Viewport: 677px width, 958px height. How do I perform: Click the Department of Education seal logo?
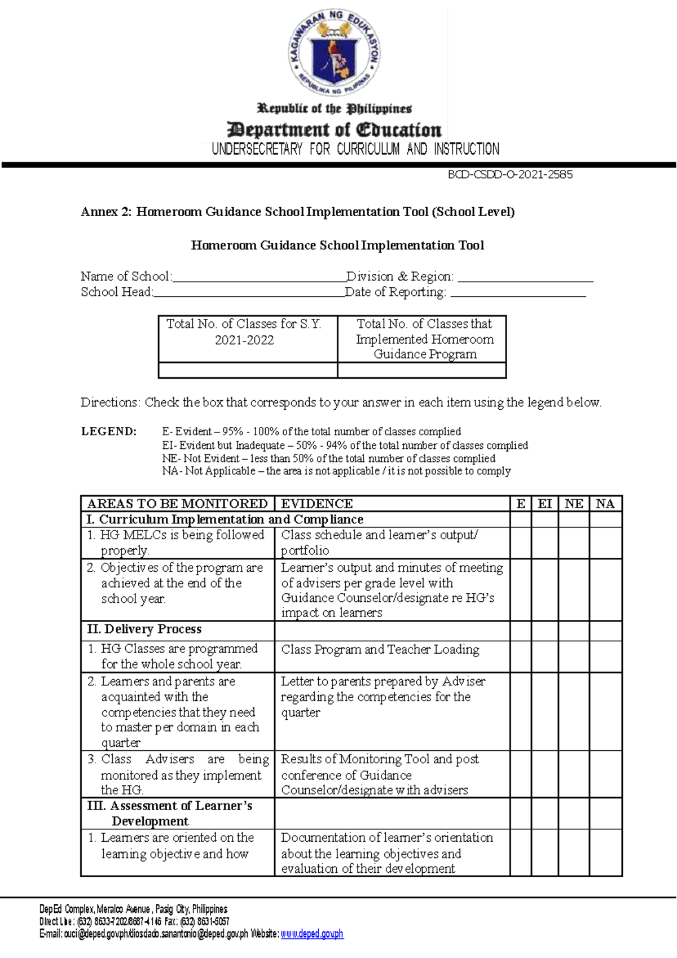pyautogui.click(x=335, y=53)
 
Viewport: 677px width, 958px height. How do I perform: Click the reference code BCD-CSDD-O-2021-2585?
pyautogui.click(x=510, y=175)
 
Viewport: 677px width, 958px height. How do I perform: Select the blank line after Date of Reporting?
pyautogui.click(x=518, y=294)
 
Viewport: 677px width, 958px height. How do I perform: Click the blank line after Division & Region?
pyautogui.click(x=525, y=278)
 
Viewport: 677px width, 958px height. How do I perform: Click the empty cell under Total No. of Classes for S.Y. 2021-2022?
pyautogui.click(x=248, y=370)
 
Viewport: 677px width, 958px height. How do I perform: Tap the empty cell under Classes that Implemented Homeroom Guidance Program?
pyautogui.click(x=421, y=370)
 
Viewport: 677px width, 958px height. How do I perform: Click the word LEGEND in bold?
pyautogui.click(x=109, y=432)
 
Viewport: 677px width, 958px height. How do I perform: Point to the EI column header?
pyautogui.click(x=544, y=504)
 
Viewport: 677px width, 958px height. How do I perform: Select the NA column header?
pyautogui.click(x=605, y=504)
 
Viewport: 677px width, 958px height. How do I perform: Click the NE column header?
pyautogui.click(x=574, y=504)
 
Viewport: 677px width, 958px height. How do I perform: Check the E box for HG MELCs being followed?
pyautogui.click(x=521, y=543)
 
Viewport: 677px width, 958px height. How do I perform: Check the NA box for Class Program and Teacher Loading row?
pyautogui.click(x=605, y=657)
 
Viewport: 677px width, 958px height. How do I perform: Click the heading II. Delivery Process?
pyautogui.click(x=144, y=629)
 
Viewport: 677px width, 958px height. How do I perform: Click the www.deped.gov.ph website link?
pyautogui.click(x=312, y=934)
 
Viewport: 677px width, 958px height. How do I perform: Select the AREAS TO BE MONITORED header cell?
pyautogui.click(x=177, y=504)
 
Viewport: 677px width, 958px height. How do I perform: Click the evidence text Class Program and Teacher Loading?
pyautogui.click(x=380, y=650)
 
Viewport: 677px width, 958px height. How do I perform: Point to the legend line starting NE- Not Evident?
pyautogui.click(x=328, y=458)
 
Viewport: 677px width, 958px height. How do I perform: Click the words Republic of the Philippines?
pyautogui.click(x=335, y=108)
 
